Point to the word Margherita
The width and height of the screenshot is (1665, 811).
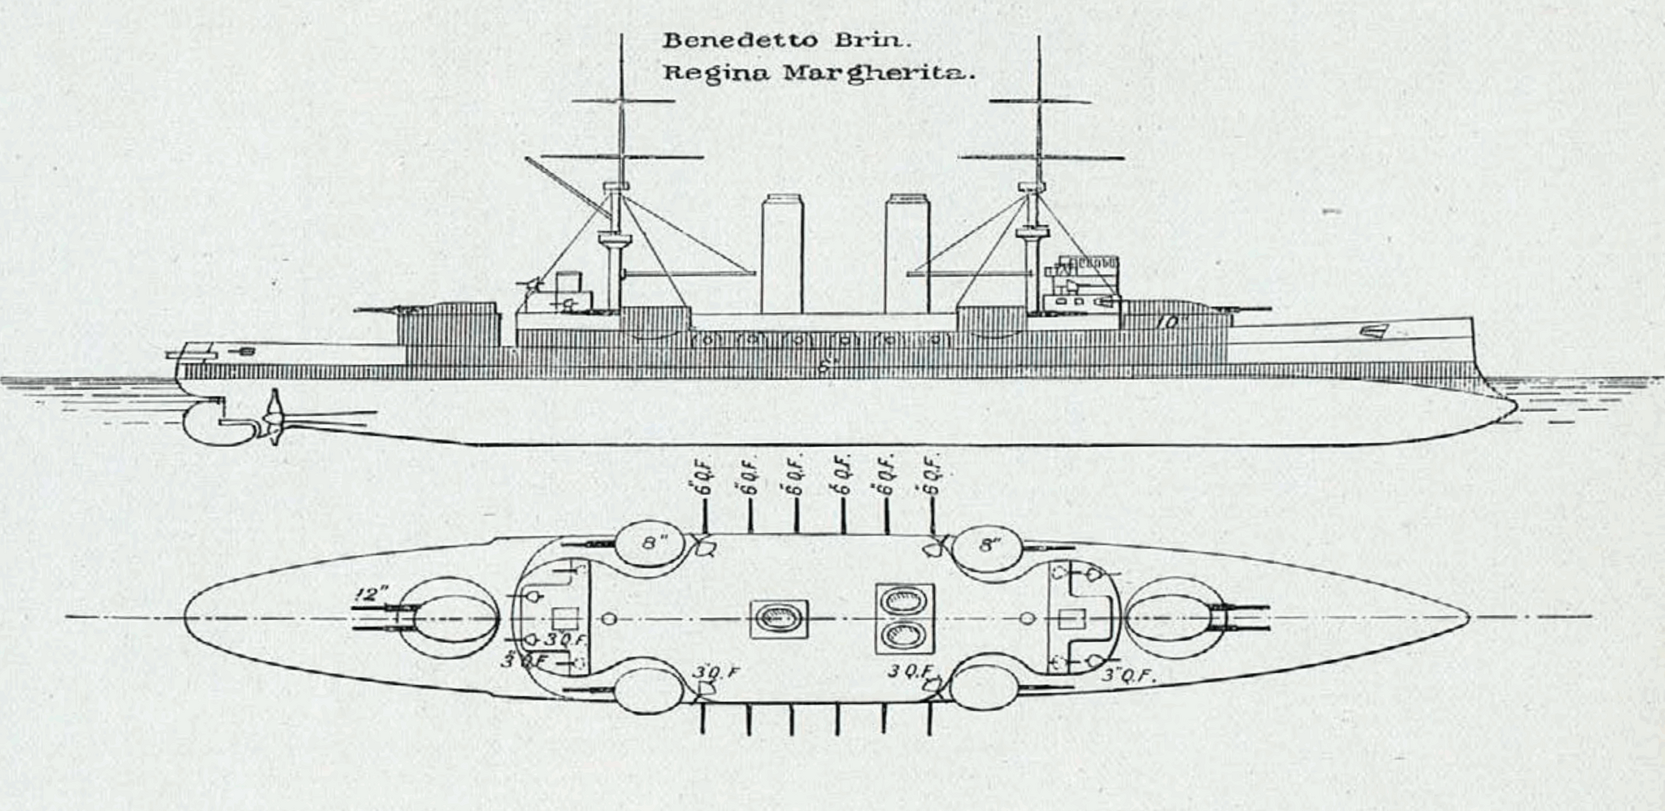[875, 73]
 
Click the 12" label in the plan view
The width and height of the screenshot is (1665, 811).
[369, 595]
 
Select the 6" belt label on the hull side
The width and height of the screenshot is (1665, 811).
[826, 367]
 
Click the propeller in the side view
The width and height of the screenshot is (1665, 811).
[274, 417]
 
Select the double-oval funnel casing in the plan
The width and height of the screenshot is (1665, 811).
[902, 618]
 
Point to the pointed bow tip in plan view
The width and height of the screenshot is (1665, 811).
[1467, 618]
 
